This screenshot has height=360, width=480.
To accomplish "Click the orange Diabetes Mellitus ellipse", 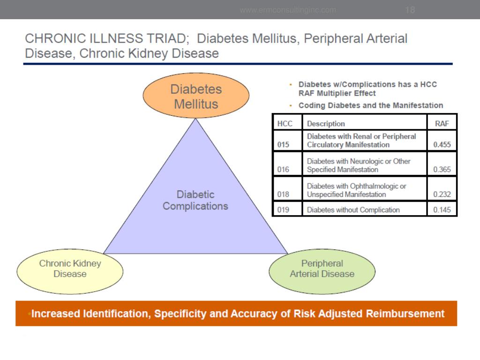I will (x=195, y=96).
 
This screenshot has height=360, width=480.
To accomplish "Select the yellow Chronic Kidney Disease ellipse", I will (x=70, y=269).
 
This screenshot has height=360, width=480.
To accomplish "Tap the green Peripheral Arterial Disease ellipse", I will (x=322, y=269).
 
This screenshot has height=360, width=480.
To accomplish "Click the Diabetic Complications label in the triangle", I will (x=195, y=200).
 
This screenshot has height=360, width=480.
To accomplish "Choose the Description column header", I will (x=326, y=124).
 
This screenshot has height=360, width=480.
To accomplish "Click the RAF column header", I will (x=442, y=124).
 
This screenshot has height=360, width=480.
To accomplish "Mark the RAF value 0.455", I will (x=442, y=145).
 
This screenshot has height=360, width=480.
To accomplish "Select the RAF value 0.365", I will (x=442, y=170).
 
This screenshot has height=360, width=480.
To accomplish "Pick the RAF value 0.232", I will (x=442, y=195).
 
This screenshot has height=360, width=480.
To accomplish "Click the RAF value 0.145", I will (x=442, y=210).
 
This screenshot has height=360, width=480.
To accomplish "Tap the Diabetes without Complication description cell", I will (x=353, y=210).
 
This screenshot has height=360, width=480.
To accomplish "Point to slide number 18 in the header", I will (x=410, y=10).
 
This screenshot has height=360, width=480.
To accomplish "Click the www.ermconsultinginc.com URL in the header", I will (x=288, y=10).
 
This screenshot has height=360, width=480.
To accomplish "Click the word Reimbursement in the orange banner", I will (x=406, y=314).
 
